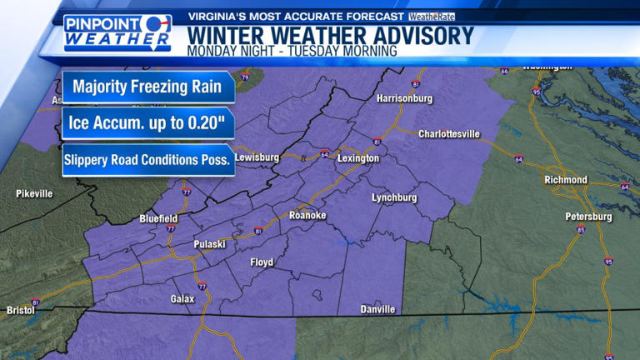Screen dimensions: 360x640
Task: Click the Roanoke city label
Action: point(307,216)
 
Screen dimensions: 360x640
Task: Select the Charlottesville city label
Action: point(449,133)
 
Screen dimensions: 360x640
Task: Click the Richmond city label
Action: point(566,180)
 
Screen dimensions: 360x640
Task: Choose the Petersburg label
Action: point(589,217)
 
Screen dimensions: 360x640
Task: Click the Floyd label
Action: point(262,262)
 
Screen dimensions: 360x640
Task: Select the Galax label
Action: point(182,298)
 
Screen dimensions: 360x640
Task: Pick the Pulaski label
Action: point(210,244)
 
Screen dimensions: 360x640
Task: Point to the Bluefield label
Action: point(158,218)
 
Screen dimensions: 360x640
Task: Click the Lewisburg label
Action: point(256,157)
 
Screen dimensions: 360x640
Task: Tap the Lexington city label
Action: point(358,158)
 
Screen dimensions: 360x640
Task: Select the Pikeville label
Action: point(34,193)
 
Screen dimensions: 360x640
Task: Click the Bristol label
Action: point(20,310)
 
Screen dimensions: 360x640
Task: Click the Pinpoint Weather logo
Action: point(117,32)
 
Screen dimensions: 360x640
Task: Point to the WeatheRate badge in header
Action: point(432,17)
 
